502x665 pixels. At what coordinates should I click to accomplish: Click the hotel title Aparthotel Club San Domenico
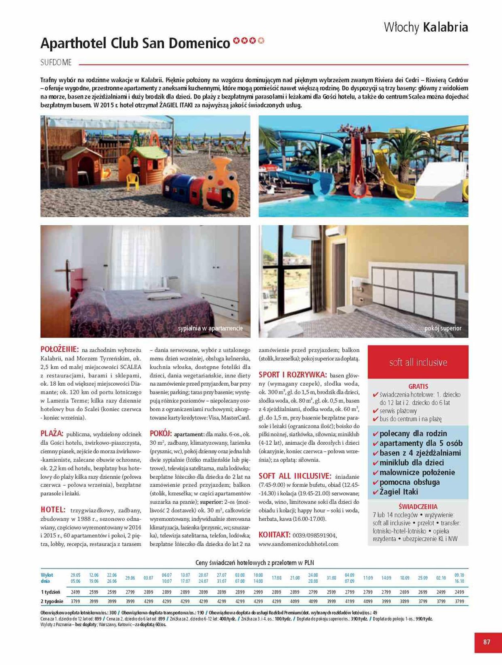(135, 43)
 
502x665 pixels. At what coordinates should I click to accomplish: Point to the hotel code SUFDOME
(56, 63)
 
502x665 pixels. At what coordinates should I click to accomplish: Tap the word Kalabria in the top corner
(445, 27)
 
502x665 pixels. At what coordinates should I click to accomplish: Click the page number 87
(487, 642)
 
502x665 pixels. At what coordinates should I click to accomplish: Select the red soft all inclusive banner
(418, 362)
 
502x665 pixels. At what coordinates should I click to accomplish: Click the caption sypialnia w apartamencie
(210, 328)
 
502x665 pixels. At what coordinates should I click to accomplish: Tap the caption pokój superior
(443, 328)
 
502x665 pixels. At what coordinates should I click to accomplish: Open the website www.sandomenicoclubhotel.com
(298, 544)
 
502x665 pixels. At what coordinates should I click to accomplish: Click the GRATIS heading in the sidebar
(418, 386)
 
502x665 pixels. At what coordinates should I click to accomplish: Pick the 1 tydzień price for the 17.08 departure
(276, 592)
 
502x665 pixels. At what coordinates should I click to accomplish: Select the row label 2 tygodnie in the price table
(52, 601)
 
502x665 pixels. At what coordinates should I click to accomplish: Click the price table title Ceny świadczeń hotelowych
(254, 563)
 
